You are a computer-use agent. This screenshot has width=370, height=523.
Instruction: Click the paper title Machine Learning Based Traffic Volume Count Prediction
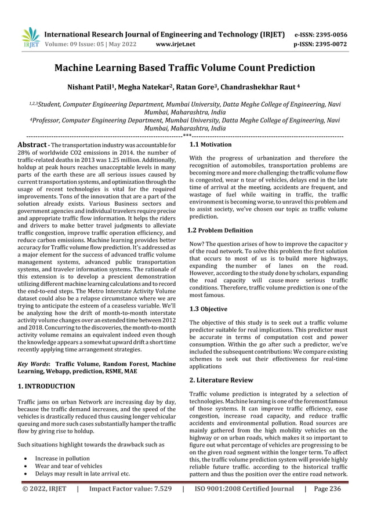click(x=184, y=68)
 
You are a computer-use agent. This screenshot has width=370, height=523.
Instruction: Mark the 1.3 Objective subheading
click(x=209, y=309)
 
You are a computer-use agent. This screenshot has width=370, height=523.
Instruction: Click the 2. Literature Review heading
click(x=222, y=380)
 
